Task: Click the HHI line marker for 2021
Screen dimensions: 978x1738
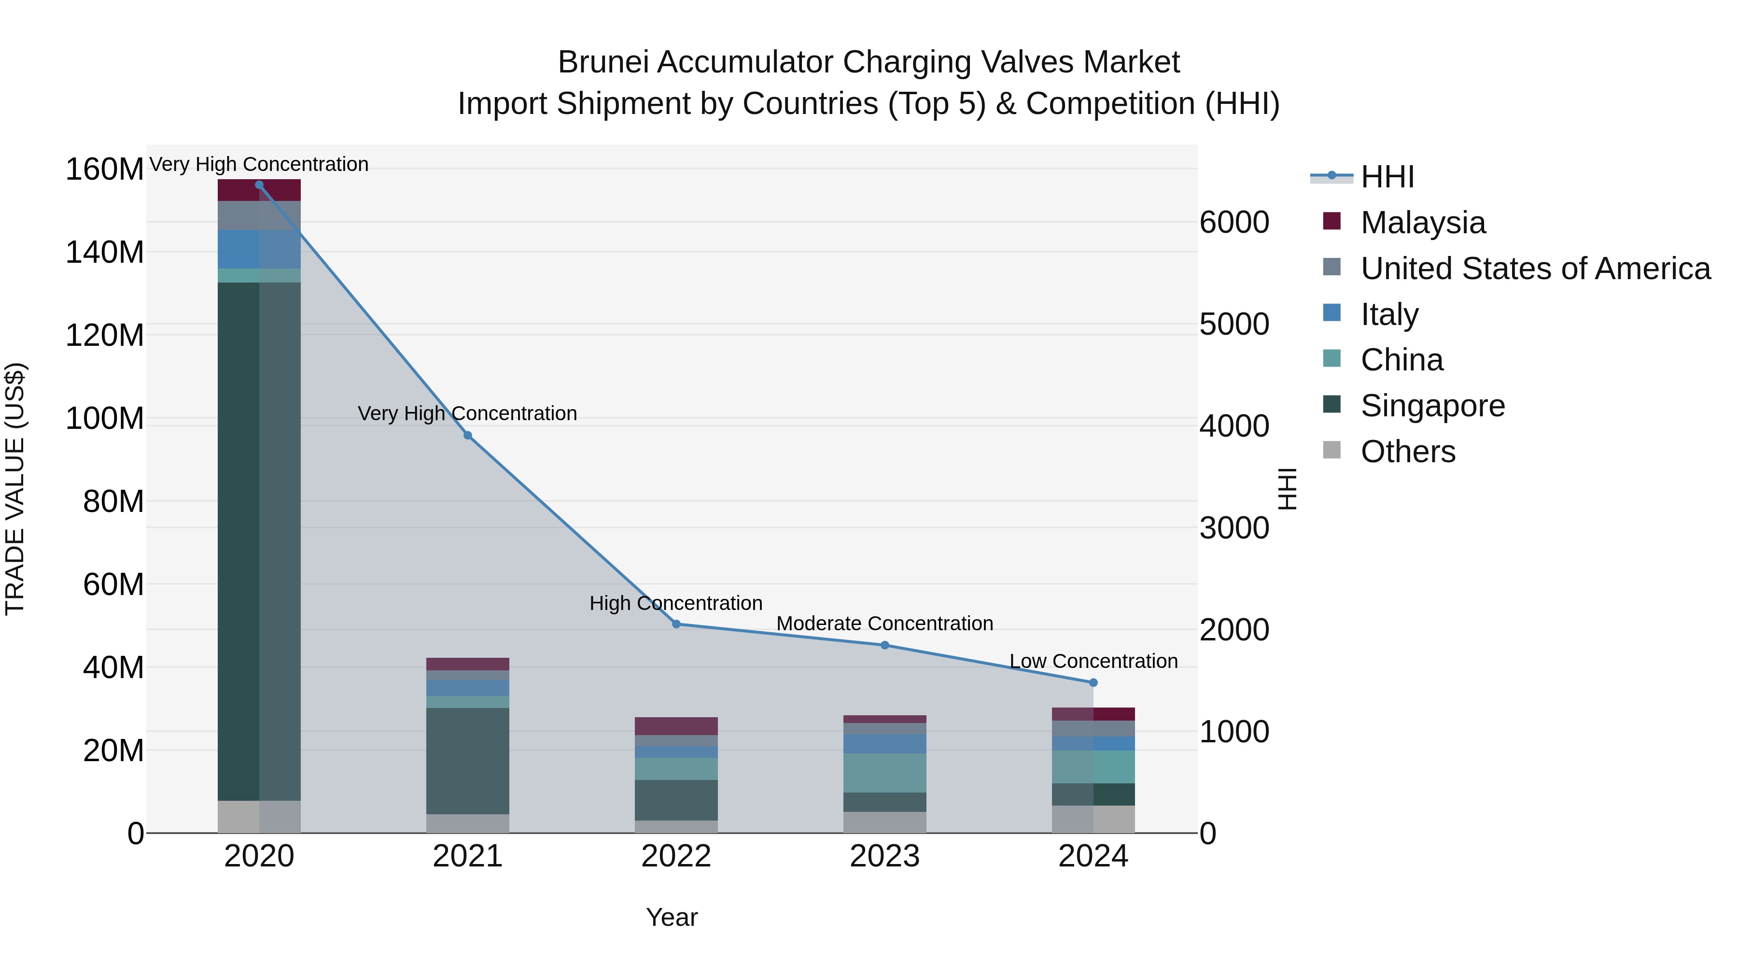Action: (467, 435)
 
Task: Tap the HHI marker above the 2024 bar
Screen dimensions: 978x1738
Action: (1093, 682)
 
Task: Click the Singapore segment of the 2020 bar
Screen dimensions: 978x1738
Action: (259, 540)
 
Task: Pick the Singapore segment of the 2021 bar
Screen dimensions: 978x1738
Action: (467, 761)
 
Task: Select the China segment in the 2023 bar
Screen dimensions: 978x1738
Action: (884, 772)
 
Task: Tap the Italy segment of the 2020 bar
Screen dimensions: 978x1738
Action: (259, 249)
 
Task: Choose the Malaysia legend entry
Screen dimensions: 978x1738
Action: (1422, 223)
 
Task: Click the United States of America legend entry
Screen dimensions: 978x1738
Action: (1535, 269)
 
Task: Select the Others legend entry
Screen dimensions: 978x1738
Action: (1407, 452)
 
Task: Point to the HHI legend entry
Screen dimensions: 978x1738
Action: (1387, 177)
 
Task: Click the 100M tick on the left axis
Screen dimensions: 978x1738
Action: (105, 418)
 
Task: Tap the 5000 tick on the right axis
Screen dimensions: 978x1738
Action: (1234, 324)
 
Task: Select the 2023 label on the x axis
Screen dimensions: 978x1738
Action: (884, 856)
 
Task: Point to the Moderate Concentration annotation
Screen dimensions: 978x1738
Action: (884, 623)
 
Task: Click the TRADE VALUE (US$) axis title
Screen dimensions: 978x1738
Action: (15, 489)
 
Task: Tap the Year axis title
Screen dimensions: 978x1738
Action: (672, 917)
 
